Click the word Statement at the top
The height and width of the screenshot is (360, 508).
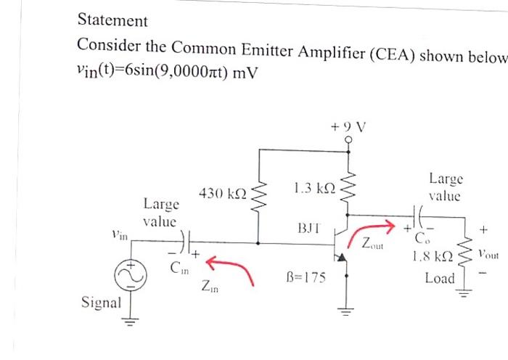[x=112, y=21]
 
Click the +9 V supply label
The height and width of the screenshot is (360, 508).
[x=349, y=125]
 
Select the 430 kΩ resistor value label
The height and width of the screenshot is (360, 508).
[x=223, y=194]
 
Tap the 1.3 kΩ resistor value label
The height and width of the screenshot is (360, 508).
[x=315, y=189]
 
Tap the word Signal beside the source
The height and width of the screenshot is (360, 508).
[x=101, y=302]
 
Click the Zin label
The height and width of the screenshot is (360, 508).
[x=209, y=289]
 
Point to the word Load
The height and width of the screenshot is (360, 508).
[x=440, y=279]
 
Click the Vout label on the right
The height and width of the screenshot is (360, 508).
[x=489, y=255]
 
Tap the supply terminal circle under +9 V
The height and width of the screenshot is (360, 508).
[x=350, y=141]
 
